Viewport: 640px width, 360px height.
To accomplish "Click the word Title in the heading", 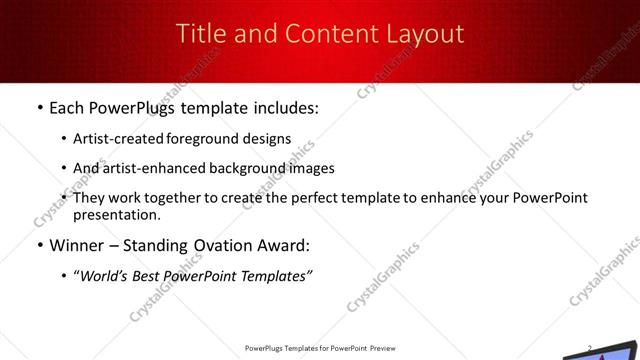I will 200,34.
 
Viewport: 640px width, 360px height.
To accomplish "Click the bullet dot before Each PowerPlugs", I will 39,106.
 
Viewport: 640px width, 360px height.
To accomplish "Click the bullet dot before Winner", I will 39,244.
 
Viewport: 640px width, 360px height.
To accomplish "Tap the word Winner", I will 77,244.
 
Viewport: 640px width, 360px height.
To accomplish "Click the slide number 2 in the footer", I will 590,348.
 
